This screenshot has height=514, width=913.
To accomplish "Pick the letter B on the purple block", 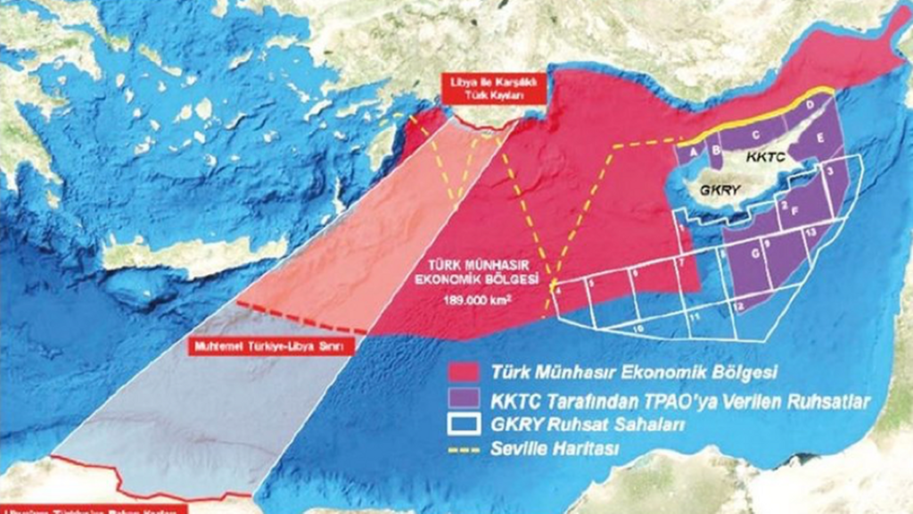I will [x=715, y=149].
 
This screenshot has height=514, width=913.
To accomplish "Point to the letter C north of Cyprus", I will [x=756, y=135].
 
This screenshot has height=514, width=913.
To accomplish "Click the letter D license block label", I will [x=810, y=106].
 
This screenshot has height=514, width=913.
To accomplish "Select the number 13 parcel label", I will [x=809, y=231].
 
